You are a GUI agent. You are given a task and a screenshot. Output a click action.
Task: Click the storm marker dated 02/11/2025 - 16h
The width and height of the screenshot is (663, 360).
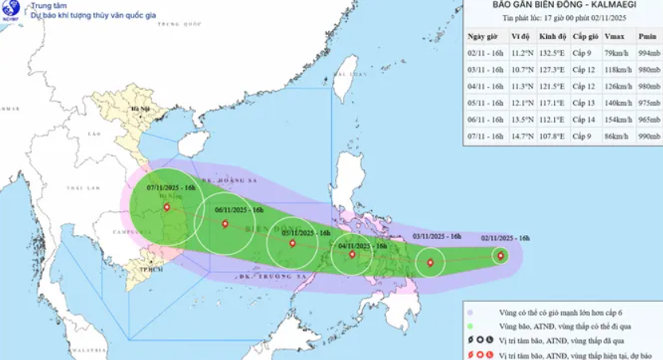[500, 256]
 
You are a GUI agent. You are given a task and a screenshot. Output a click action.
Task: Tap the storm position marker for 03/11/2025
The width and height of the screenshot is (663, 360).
[431, 263]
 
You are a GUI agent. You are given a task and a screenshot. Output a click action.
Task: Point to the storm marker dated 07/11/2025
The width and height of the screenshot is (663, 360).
[166, 208]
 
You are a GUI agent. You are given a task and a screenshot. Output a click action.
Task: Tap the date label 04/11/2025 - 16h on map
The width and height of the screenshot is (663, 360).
[361, 246]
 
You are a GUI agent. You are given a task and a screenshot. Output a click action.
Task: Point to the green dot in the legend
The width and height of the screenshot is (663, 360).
[471, 326]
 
